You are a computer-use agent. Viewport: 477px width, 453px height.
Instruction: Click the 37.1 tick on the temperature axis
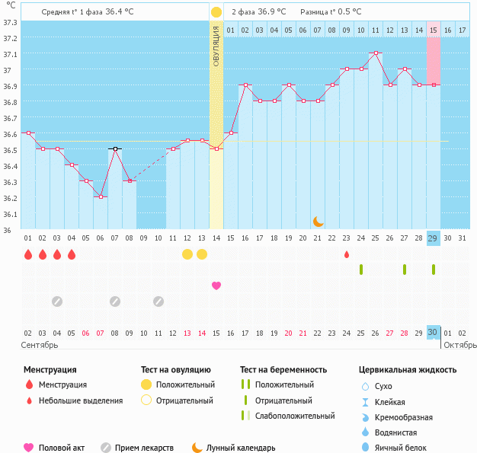coord(10,55)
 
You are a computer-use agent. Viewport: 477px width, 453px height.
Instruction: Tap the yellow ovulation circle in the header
coord(216,12)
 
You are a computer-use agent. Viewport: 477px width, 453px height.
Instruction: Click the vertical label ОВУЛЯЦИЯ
coord(216,46)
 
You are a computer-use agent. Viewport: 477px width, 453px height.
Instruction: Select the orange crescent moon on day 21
coord(318,221)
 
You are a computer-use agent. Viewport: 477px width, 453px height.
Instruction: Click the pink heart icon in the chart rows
coord(216,286)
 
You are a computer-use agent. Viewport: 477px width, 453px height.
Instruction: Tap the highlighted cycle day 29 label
coord(433,238)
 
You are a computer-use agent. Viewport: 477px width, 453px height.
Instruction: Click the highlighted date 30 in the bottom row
coord(433,333)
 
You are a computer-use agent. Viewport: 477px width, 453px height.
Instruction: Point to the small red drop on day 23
coord(347,254)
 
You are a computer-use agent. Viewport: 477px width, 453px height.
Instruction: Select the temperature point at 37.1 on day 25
coord(376,53)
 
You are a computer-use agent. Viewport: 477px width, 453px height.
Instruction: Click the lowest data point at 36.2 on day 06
coord(101,196)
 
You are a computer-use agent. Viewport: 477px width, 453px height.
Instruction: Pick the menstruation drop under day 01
coord(28,254)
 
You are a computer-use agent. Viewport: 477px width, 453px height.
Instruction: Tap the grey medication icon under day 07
coord(114,301)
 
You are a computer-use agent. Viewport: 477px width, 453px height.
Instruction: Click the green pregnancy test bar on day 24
coord(361,270)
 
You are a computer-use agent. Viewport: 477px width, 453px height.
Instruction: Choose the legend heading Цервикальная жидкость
coord(408,370)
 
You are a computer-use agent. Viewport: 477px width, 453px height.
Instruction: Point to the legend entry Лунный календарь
coord(241,448)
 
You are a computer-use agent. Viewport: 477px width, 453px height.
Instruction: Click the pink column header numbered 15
coord(433,30)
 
